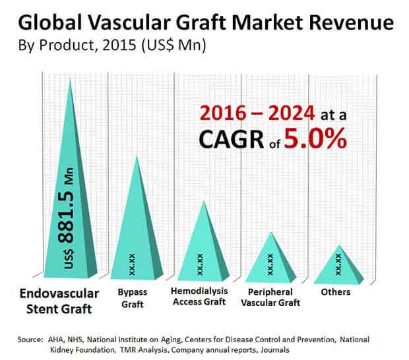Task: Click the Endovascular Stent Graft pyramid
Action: (71, 208)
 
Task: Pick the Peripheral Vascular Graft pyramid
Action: (270, 263)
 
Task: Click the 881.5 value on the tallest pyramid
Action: (66, 217)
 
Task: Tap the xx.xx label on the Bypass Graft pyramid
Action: (132, 264)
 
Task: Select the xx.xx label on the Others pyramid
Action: (338, 264)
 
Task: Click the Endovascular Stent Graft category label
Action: (59, 301)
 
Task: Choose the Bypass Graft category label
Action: (133, 298)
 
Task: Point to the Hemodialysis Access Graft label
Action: (199, 297)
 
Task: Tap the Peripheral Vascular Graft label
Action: (270, 297)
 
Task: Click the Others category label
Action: (336, 292)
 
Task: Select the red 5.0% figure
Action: (315, 139)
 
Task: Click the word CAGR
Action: (232, 140)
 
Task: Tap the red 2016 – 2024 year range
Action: (257, 113)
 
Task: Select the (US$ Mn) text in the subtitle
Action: (173, 45)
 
